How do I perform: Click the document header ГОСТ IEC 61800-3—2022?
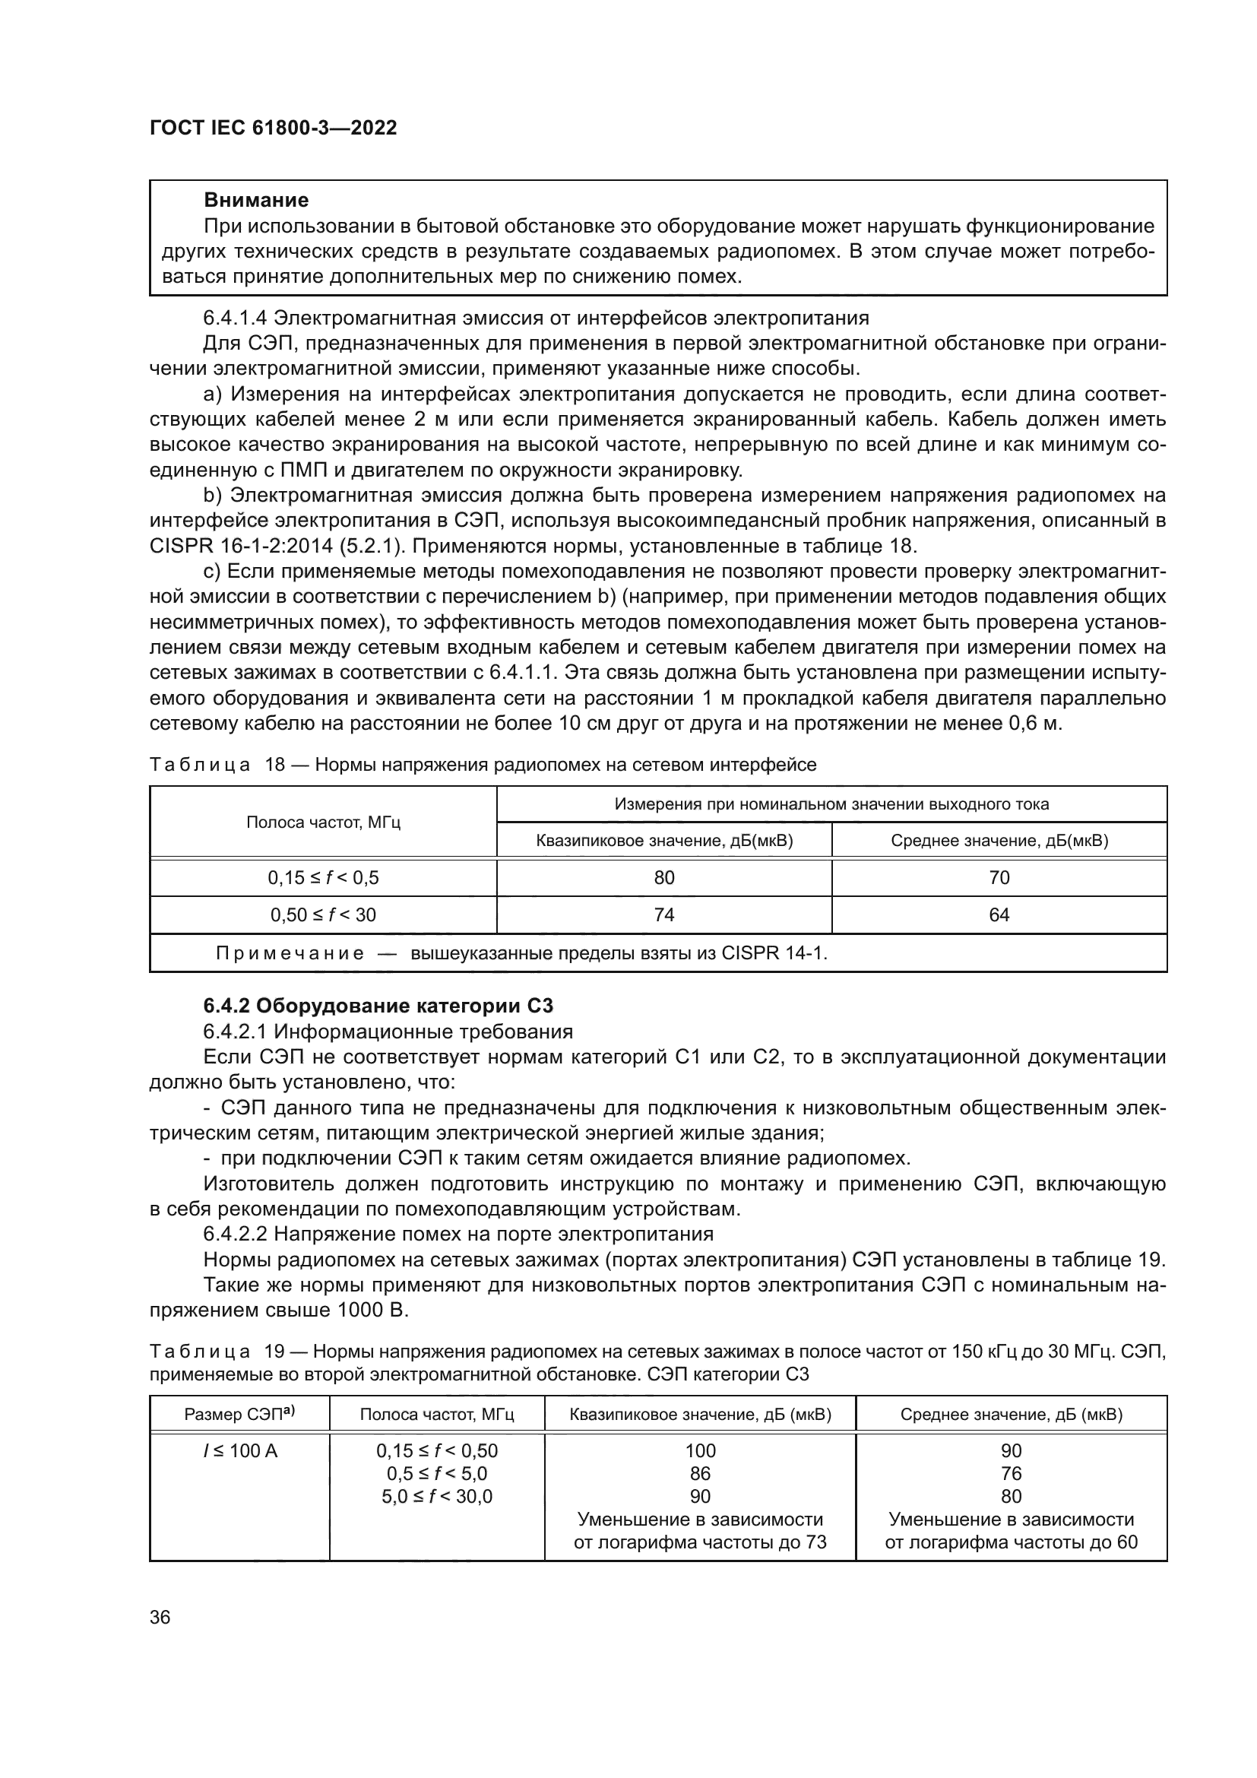[273, 128]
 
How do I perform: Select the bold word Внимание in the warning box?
[256, 201]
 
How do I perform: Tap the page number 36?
[160, 1617]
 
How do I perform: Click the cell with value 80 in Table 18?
[663, 877]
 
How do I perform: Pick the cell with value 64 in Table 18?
[999, 914]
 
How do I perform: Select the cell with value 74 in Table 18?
[663, 914]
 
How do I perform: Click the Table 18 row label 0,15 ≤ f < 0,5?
[323, 877]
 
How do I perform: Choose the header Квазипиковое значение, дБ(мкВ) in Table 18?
[663, 840]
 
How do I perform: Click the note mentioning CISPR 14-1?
[521, 953]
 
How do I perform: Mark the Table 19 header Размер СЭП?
[239, 1415]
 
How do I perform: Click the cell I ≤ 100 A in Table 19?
[239, 1450]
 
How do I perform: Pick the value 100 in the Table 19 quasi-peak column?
[700, 1450]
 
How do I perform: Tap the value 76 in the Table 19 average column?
[1011, 1474]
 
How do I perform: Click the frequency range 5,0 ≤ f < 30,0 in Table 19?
[436, 1496]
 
